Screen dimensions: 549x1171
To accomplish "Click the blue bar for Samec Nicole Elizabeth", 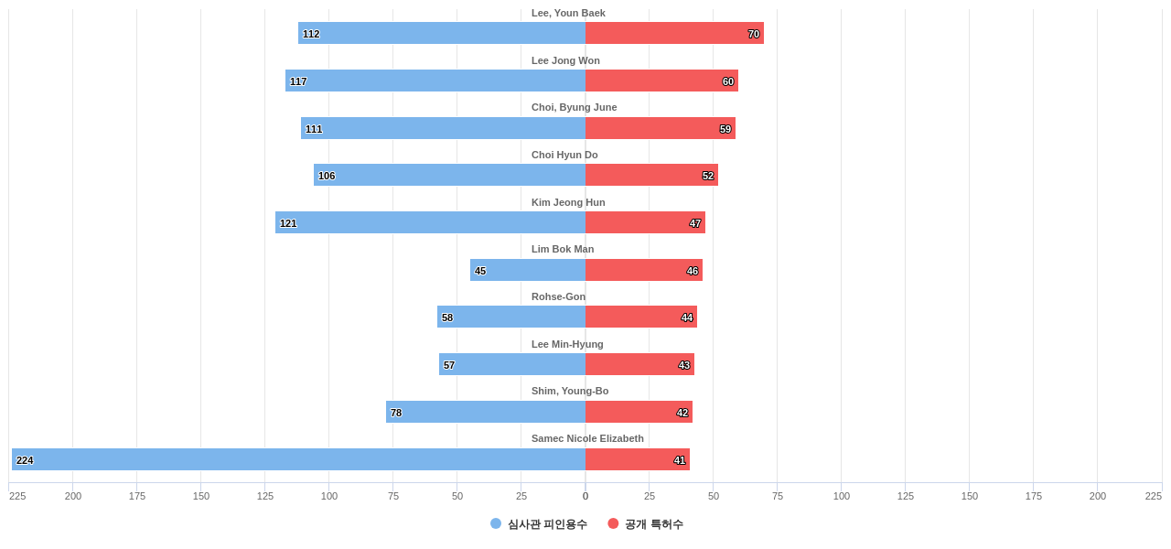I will tap(298, 459).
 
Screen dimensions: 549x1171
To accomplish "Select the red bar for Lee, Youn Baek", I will tap(674, 33).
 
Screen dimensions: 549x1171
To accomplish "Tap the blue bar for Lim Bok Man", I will tap(528, 270).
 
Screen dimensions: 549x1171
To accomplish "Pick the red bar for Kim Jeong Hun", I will tap(645, 222).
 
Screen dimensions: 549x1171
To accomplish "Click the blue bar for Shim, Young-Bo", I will tap(486, 412).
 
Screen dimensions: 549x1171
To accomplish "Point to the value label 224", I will tap(25, 460).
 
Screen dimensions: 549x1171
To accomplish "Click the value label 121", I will tap(288, 223).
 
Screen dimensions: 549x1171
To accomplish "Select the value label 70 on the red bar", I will tap(754, 34).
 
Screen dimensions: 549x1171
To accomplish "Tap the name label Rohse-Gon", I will tap(558, 296).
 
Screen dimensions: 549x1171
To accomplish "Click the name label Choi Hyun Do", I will tap(564, 155).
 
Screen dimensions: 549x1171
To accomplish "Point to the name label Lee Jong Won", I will tap(565, 60).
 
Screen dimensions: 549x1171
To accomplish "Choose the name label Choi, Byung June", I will tap(574, 107).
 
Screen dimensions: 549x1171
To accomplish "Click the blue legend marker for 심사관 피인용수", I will tap(496, 523).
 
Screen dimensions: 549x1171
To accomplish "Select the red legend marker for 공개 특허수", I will tap(613, 523).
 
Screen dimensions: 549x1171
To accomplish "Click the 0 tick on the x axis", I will tap(585, 496).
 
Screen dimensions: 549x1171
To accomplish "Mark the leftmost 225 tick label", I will tap(17, 496).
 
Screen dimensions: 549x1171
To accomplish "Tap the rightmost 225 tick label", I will tap(1153, 496).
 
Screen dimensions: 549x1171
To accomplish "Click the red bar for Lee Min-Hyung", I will tap(639, 364).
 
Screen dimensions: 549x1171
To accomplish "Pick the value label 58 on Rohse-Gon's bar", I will tap(447, 318).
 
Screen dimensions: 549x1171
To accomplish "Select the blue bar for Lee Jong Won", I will tap(435, 81).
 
